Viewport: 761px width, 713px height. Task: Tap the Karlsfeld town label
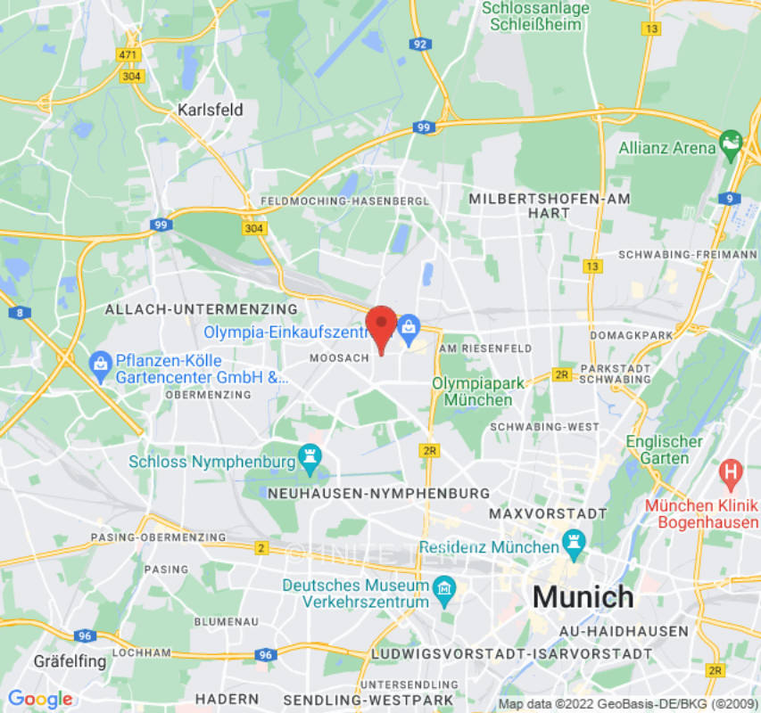pyautogui.click(x=210, y=110)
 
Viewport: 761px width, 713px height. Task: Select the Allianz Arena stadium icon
pyautogui.click(x=731, y=142)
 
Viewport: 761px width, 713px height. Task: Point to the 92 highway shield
pyautogui.click(x=420, y=43)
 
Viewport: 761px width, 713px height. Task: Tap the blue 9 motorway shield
pyautogui.click(x=730, y=199)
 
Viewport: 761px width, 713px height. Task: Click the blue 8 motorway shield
pyautogui.click(x=19, y=312)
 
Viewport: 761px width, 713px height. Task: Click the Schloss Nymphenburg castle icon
pyautogui.click(x=310, y=455)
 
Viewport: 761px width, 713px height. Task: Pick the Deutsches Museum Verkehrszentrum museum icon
pyautogui.click(x=443, y=587)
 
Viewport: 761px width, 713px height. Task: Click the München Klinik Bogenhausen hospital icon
pyautogui.click(x=731, y=469)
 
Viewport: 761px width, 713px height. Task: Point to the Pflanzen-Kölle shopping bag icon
pyautogui.click(x=100, y=362)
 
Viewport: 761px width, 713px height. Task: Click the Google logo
pyautogui.click(x=39, y=699)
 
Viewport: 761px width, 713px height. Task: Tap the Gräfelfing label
pyautogui.click(x=69, y=661)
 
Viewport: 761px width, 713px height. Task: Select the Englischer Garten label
pyautogui.click(x=664, y=449)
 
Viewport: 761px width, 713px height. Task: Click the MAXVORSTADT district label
pyautogui.click(x=548, y=514)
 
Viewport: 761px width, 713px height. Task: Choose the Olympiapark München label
pyautogui.click(x=472, y=390)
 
